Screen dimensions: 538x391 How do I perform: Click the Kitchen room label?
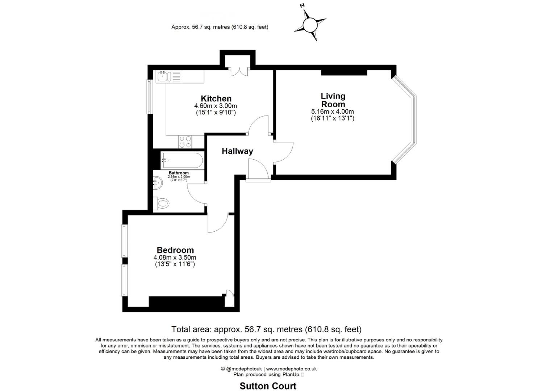coord(216,98)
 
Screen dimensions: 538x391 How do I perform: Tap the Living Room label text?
coord(333,100)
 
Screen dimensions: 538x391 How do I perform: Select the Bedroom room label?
coord(175,250)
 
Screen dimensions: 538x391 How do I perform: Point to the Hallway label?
coord(237,151)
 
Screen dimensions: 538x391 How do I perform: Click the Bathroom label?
coord(179,173)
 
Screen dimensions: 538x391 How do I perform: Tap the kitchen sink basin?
coord(163,77)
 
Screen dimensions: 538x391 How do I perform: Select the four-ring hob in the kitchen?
coord(185,142)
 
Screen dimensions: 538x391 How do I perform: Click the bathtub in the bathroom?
coord(182,160)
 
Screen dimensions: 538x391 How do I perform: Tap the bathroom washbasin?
coord(158,183)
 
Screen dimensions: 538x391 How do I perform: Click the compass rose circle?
coord(310,25)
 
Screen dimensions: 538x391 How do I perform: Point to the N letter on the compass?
coord(303,6)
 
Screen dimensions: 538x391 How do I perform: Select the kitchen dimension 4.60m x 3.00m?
coord(216,106)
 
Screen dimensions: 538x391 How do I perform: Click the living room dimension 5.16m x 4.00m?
coord(333,112)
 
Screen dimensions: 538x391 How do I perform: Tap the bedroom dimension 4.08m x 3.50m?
coord(175,257)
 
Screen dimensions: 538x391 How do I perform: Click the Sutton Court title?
coord(268,379)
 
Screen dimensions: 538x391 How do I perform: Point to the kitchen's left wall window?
coord(150,97)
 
